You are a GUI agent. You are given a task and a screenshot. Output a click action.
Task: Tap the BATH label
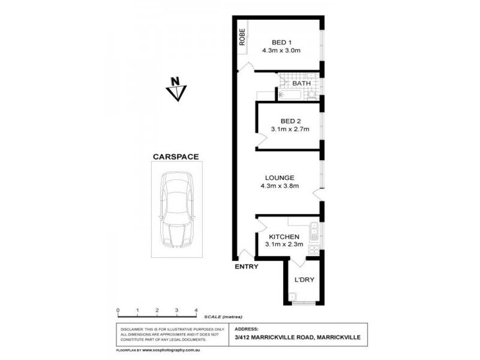(310, 83)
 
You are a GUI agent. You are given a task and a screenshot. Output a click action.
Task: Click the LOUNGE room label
(280, 178)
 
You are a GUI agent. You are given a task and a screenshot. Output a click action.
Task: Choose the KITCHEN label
(284, 236)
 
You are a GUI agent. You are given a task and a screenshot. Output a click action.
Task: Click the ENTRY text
(247, 267)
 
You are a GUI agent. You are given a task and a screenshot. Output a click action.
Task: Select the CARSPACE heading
(175, 157)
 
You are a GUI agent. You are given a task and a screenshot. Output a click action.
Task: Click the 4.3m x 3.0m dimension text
(281, 50)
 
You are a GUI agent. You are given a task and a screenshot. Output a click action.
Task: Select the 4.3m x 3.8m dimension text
(280, 187)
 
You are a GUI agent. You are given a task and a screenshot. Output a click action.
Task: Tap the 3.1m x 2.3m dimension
(284, 245)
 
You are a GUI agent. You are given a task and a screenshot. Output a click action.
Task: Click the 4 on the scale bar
(196, 310)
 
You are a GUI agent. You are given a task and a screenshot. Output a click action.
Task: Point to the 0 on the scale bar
(118, 310)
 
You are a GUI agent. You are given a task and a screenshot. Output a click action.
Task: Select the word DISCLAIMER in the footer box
(133, 329)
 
